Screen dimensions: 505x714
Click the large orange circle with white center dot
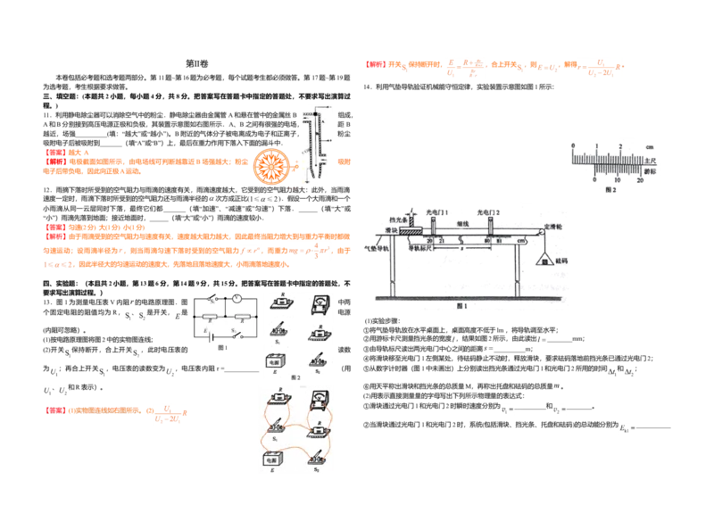(270, 165)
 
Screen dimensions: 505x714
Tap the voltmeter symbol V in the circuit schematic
(238, 299)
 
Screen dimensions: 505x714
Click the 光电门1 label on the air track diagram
(437, 211)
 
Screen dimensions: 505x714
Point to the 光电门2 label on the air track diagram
(488, 211)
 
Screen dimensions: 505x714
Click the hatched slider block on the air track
(411, 230)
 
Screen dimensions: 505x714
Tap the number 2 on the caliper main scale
(619, 145)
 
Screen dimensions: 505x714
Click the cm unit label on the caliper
(650, 145)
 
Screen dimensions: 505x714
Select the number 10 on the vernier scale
(618, 180)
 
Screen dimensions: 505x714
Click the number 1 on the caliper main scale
(596, 145)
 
